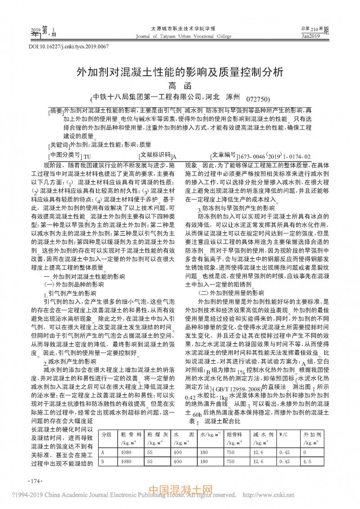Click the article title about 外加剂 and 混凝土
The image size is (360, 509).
pos(179,72)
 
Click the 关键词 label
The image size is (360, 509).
pos(59,145)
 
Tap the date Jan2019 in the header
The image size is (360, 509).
pos(311,36)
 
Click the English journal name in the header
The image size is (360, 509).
pos(180,36)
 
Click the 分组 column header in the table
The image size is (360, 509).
pos(106,435)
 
